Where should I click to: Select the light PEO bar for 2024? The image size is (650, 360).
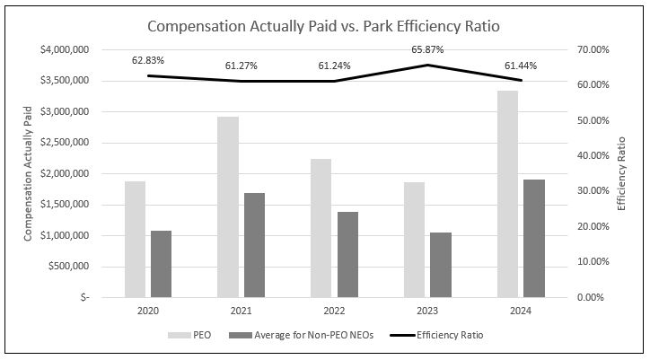click(507, 193)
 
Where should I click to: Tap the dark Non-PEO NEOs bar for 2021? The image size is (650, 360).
click(254, 244)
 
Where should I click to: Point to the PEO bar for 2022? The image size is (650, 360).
click(321, 227)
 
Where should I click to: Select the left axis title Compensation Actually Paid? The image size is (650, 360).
click(28, 173)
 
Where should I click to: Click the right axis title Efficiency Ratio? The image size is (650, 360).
click(621, 173)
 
